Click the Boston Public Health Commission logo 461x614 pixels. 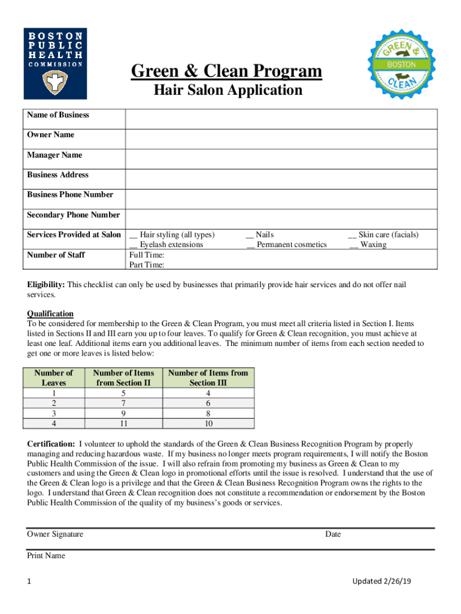click(x=55, y=63)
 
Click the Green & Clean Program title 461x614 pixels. click(x=227, y=73)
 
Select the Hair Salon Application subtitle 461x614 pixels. click(x=227, y=91)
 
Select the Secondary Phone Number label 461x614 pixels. click(x=74, y=215)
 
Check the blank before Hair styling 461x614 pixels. click(x=133, y=235)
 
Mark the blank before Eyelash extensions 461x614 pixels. click(x=133, y=245)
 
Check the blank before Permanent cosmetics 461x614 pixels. click(x=250, y=245)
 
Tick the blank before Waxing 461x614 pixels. click(x=354, y=245)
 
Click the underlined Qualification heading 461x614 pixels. click(x=50, y=314)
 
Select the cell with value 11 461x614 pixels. click(x=123, y=423)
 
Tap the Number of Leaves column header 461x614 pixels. click(x=54, y=377)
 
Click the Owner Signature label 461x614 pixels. click(x=55, y=534)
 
